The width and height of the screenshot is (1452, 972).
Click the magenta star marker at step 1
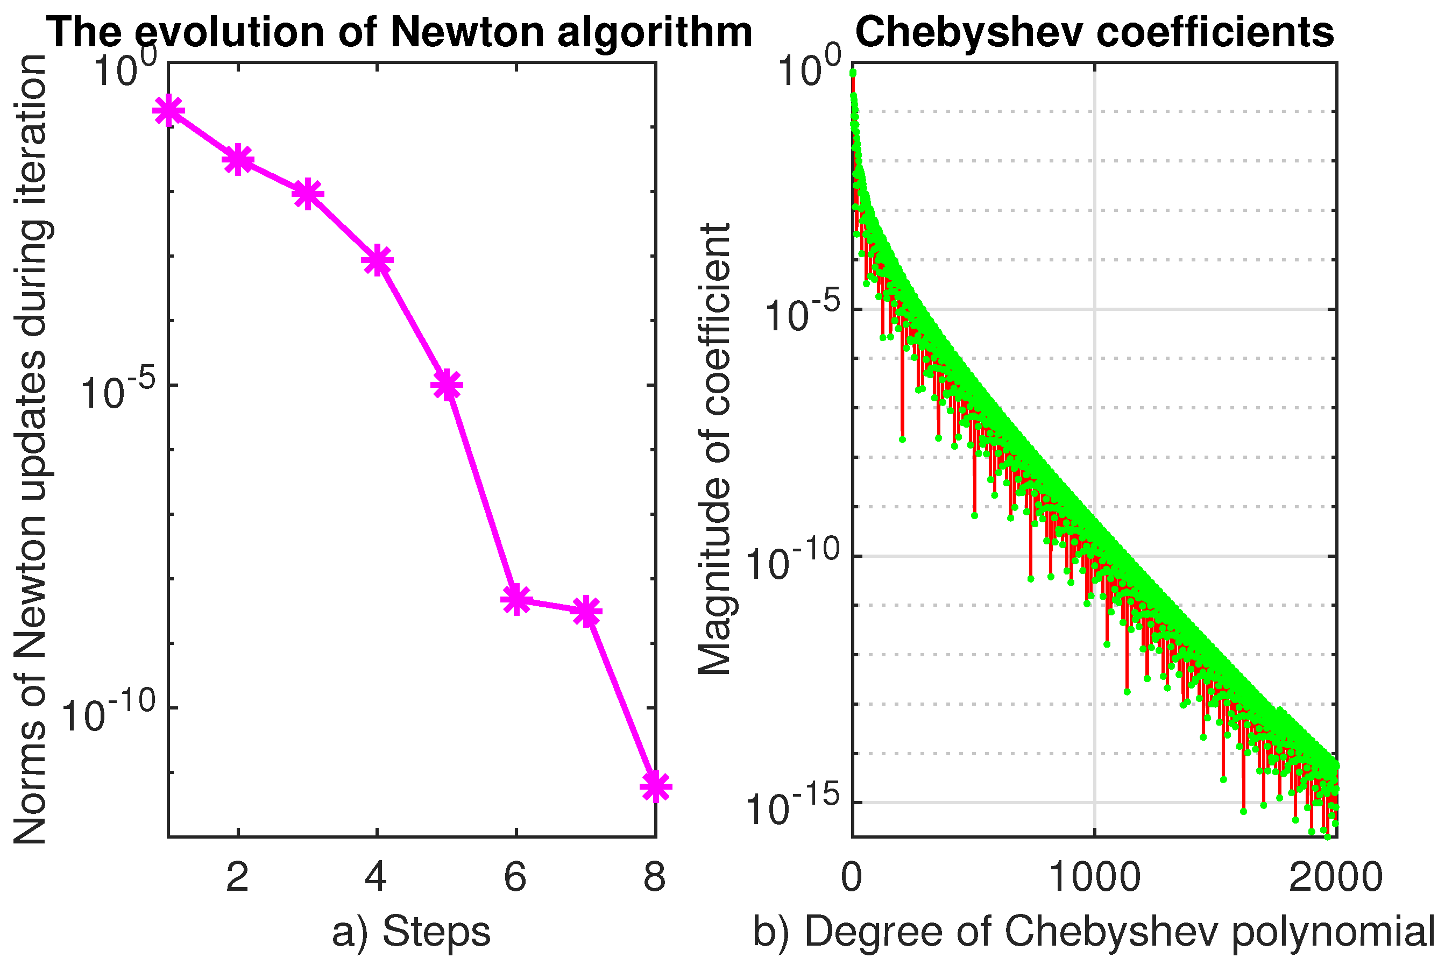(168, 111)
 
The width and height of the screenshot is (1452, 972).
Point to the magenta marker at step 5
(447, 385)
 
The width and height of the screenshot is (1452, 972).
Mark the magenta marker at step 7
(586, 612)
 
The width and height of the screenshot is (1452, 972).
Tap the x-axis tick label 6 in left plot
(515, 878)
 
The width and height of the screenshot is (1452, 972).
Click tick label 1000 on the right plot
(1094, 878)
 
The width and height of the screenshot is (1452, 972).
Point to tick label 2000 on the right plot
(1335, 878)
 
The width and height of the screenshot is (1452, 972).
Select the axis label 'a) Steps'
(411, 932)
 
